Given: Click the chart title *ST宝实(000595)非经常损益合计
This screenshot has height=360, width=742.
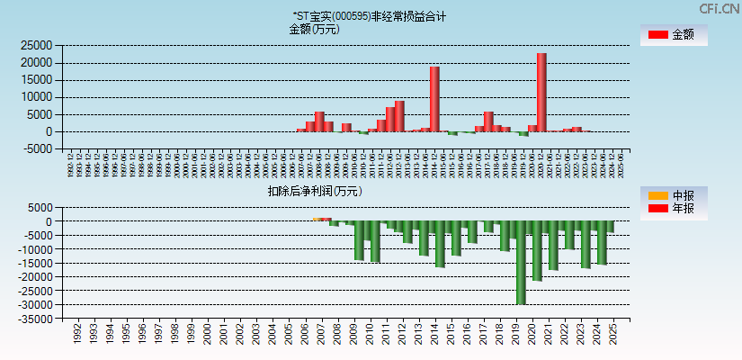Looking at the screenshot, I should pyautogui.click(x=369, y=16).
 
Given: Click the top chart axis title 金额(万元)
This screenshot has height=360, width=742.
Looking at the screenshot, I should pyautogui.click(x=314, y=29).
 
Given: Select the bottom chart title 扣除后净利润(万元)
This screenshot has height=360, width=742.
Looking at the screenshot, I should pyautogui.click(x=315, y=191).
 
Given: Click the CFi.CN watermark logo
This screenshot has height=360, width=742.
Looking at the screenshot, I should pyautogui.click(x=720, y=9).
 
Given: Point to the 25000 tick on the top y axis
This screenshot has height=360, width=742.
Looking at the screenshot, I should pyautogui.click(x=37, y=45).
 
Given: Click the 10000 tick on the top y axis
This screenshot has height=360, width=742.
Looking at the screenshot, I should pyautogui.click(x=37, y=97).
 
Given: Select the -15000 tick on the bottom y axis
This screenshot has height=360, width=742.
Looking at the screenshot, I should pyautogui.click(x=35, y=264).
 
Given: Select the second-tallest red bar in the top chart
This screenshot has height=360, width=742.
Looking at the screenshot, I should pyautogui.click(x=434, y=99).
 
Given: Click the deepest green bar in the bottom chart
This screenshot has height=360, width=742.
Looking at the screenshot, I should pyautogui.click(x=521, y=262).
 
